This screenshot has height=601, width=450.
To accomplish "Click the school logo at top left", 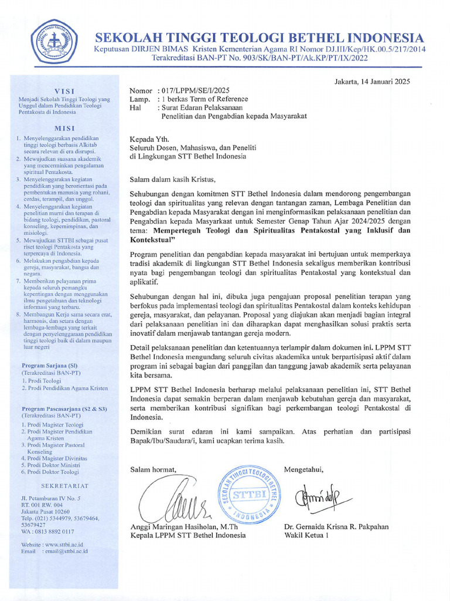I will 56,41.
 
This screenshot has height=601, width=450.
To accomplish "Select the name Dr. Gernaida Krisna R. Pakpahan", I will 336,526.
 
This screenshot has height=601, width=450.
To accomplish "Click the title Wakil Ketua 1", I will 306,535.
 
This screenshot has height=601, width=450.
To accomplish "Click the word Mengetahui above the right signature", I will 304,470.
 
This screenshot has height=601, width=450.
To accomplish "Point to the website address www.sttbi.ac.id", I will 66,545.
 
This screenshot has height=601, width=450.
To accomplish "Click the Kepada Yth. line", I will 149,139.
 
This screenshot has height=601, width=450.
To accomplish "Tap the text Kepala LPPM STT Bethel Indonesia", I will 187,535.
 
